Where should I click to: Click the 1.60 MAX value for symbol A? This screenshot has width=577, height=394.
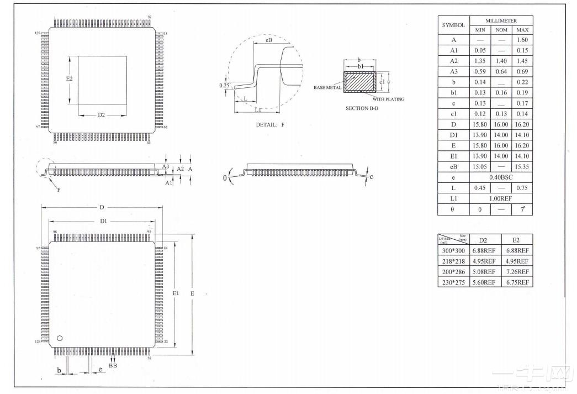[522, 40]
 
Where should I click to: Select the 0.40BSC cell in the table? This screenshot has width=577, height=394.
[501, 177]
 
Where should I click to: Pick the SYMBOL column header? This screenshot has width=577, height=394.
[453, 25]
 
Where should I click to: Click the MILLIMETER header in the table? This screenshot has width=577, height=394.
[501, 20]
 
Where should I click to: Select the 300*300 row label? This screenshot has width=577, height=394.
[453, 250]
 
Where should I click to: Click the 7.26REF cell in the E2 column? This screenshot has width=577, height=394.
[517, 271]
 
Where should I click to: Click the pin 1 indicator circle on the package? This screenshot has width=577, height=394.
[60, 338]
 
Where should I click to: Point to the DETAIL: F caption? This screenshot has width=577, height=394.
[270, 125]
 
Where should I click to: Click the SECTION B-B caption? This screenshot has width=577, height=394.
[362, 108]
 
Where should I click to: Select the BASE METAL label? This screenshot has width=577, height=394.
[327, 88]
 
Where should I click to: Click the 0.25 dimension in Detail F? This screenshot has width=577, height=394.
[224, 86]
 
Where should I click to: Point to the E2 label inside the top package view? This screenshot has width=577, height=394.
[70, 79]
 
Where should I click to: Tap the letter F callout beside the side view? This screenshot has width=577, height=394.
[59, 190]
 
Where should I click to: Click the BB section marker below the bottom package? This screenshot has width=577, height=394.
[113, 365]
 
